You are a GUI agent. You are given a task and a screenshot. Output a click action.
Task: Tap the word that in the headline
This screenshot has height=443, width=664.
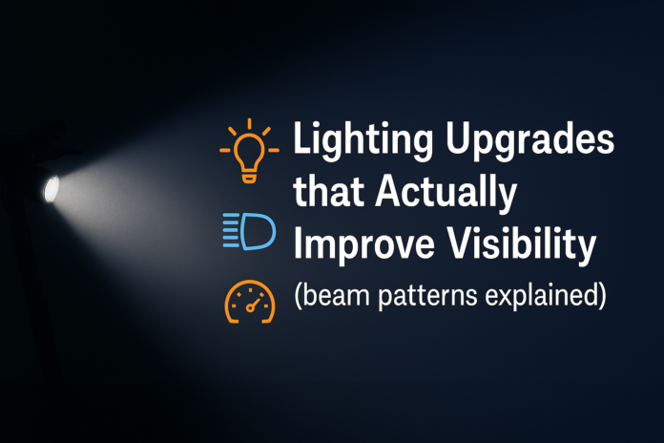tap(326, 195)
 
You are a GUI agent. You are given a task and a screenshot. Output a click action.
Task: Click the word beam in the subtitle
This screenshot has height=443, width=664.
tap(341, 296)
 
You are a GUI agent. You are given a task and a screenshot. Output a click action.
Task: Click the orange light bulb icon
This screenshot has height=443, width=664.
tap(249, 151)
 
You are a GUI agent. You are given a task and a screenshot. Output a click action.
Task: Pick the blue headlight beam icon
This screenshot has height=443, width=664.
tap(248, 231)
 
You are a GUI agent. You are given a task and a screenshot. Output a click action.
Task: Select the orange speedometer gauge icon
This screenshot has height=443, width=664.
tap(249, 303)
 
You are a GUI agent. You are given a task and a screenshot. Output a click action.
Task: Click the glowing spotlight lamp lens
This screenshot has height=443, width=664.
tap(51, 189)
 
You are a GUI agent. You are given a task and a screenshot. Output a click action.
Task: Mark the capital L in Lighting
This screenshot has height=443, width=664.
tap(304, 146)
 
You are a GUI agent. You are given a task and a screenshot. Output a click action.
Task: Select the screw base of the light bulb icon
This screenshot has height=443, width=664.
tap(249, 175)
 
